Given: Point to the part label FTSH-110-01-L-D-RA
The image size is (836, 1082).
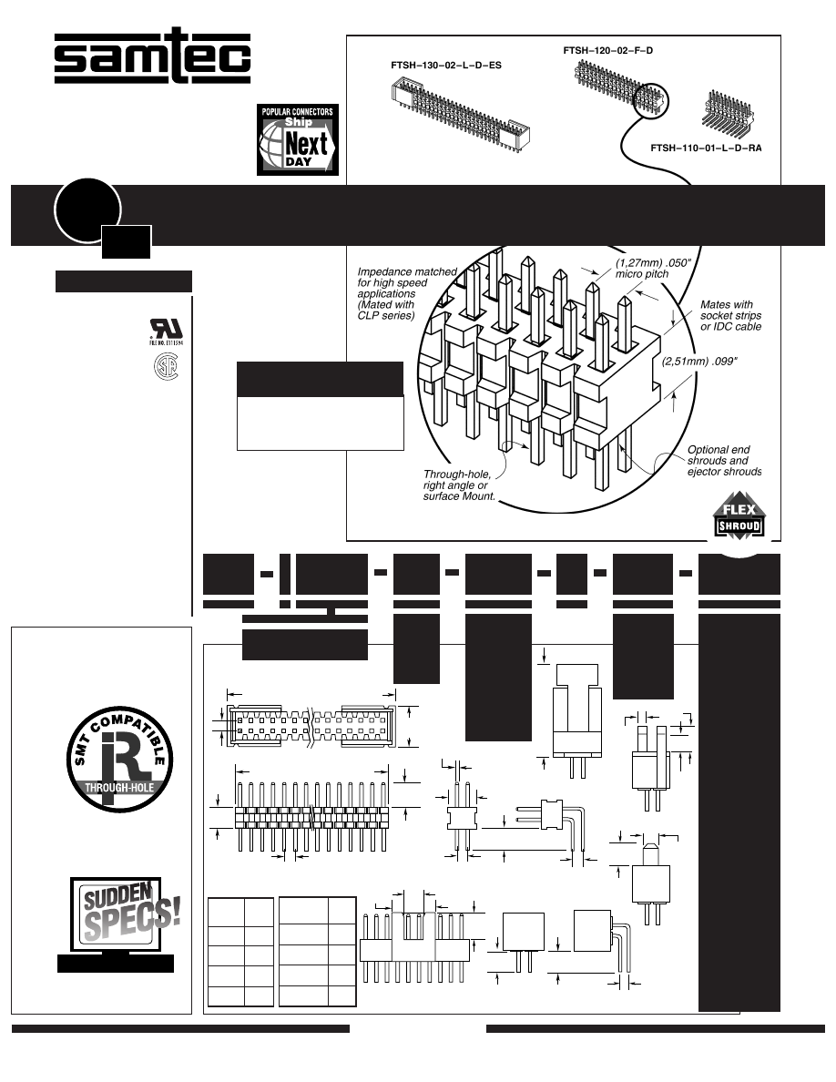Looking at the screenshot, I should coord(706,147).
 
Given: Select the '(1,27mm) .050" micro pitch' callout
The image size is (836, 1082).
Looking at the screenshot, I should coord(644,269).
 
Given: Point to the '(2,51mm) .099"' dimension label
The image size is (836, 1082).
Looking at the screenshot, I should coord(698,361).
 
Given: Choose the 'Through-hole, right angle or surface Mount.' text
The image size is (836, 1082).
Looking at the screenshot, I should coord(459,485).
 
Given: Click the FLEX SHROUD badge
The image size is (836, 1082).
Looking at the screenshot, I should coord(737,519).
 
